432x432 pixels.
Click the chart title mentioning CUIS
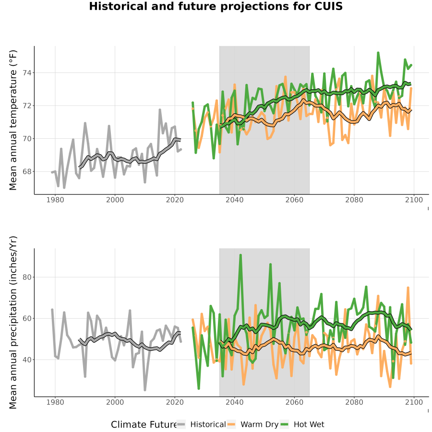(x=216, y=6)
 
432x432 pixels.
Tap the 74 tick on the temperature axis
(x=27, y=73)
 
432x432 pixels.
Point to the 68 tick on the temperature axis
(x=27, y=171)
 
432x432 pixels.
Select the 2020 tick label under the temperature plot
(x=175, y=200)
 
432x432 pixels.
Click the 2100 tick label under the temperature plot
(x=414, y=200)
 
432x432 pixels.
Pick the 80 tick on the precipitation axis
(x=27, y=277)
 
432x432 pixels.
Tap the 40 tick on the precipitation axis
(x=27, y=360)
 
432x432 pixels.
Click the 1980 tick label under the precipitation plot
(x=55, y=402)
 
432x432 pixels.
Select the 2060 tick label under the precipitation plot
(x=294, y=402)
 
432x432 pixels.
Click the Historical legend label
(x=208, y=425)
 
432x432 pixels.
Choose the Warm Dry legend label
(x=260, y=425)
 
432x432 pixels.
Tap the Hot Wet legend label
(x=309, y=425)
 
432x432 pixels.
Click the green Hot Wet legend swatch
(x=284, y=425)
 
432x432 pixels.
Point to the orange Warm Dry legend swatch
(x=232, y=425)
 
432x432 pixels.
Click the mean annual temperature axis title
(x=13, y=120)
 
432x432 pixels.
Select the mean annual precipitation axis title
(x=13, y=323)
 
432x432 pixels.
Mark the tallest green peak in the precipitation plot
(x=240, y=255)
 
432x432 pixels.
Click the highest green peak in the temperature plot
(x=378, y=52)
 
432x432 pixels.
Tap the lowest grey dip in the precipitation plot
(x=145, y=390)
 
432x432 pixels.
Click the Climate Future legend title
(x=144, y=425)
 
